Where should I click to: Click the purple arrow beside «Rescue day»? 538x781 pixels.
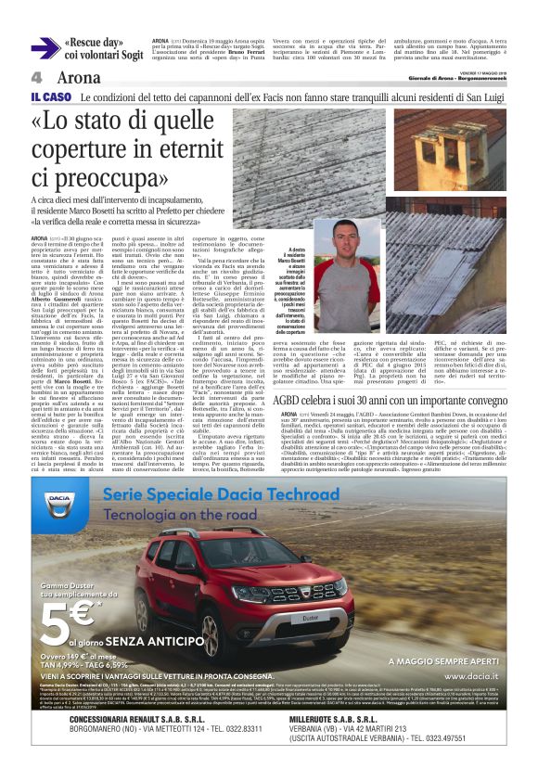pyautogui.click(x=45, y=49)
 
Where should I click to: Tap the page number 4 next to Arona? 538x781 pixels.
pyautogui.click(x=36, y=78)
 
